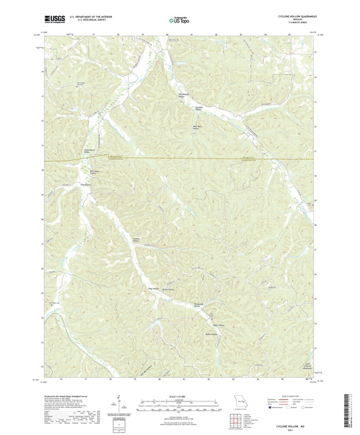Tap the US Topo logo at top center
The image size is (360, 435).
(180, 19)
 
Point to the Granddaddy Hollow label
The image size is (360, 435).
(179, 95)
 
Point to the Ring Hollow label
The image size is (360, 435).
(154, 288)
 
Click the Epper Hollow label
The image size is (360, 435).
(219, 325)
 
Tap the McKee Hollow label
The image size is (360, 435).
(211, 334)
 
